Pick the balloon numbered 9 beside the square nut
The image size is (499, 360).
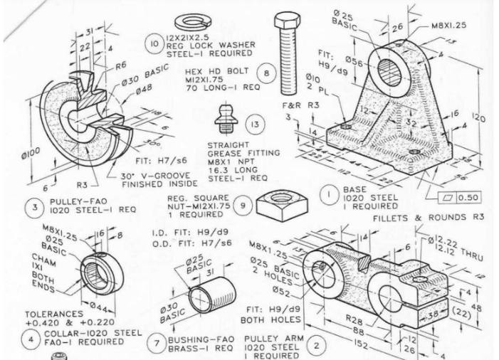click(243, 205)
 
